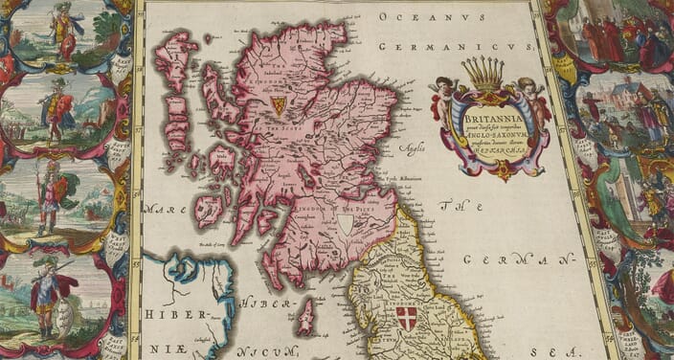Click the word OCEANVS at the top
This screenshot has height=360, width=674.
420,15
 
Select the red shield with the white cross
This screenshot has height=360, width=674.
407,318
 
